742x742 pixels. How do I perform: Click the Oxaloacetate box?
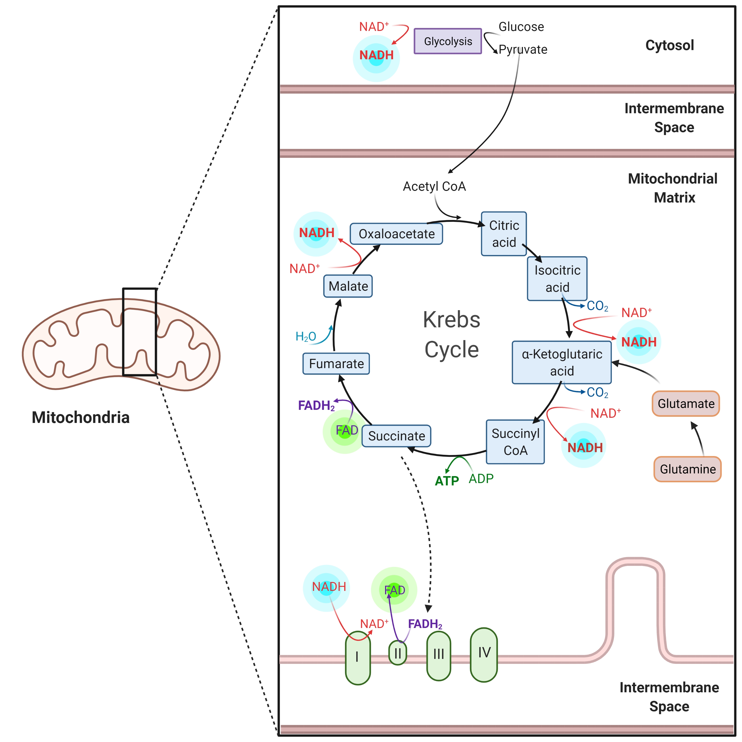pyautogui.click(x=396, y=234)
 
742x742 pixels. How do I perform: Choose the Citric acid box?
pyautogui.click(x=504, y=234)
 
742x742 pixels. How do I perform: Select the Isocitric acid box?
pyautogui.click(x=557, y=279)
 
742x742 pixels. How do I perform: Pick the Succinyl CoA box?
pyautogui.click(x=515, y=442)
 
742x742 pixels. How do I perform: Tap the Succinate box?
pyautogui.click(x=396, y=436)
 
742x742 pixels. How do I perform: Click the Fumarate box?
pyautogui.click(x=336, y=364)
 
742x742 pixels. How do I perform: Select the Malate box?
pyautogui.click(x=348, y=286)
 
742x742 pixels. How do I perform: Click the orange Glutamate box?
pyautogui.click(x=686, y=404)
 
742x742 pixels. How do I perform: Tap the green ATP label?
pyautogui.click(x=447, y=481)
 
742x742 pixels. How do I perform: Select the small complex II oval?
pyautogui.click(x=397, y=653)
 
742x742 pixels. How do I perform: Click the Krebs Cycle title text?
pyautogui.click(x=452, y=334)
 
